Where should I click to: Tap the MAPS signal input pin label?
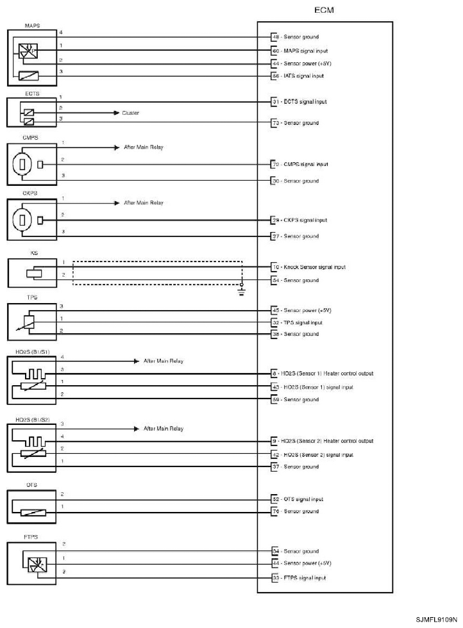click(304, 50)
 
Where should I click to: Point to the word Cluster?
click(130, 112)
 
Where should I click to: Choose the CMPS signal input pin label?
click(304, 164)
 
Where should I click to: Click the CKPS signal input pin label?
click(304, 220)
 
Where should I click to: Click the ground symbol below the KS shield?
click(241, 291)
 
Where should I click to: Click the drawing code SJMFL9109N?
click(436, 620)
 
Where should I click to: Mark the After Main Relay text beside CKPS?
click(143, 202)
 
